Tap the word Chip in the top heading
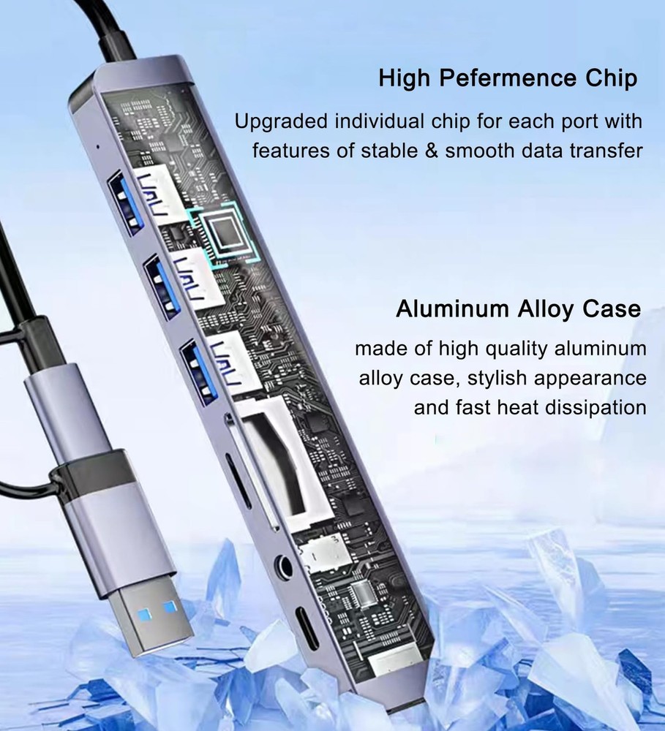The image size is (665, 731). (612, 78)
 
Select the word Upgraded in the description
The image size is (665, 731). (281, 122)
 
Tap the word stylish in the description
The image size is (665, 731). (497, 379)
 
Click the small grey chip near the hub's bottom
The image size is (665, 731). (362, 593)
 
